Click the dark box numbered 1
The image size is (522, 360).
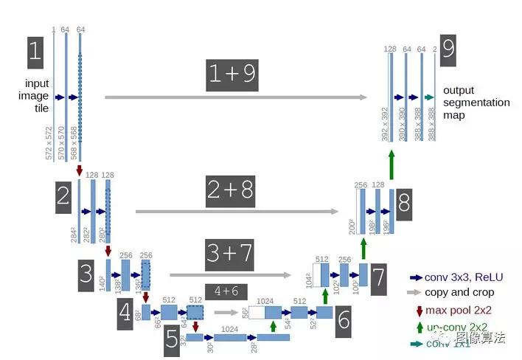coord(35,52)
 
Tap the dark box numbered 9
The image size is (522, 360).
coord(449,50)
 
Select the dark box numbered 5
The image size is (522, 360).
coord(172,342)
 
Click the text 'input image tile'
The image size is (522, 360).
coord(37,96)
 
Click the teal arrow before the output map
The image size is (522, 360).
coord(430,97)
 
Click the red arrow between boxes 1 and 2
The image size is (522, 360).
coord(80,170)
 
